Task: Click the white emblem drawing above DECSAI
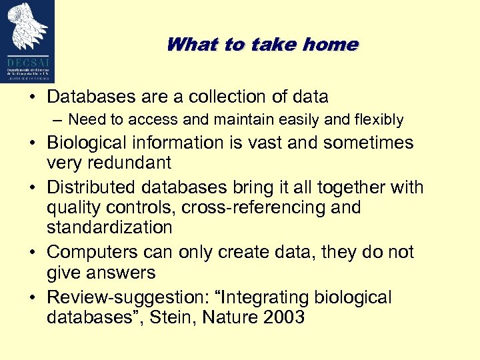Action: [x=28, y=27]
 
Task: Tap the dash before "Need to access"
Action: [x=58, y=120]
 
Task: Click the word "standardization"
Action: [x=109, y=227]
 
